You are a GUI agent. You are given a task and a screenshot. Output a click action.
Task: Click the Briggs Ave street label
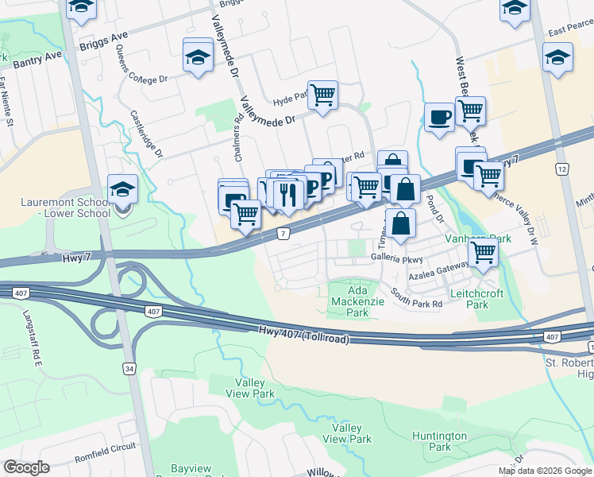click(x=104, y=41)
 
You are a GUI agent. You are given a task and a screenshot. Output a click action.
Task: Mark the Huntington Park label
click(x=439, y=441)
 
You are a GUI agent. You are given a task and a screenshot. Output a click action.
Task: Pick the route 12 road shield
click(x=562, y=169)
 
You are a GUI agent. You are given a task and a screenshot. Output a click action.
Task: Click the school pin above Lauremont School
click(x=123, y=189)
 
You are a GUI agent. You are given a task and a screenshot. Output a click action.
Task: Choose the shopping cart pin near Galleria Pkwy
click(x=483, y=253)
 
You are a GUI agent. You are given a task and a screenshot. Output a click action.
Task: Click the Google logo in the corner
click(x=27, y=467)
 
